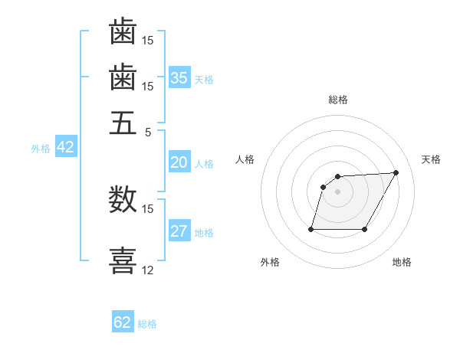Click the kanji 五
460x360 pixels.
click(123, 123)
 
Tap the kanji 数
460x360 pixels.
click(123, 200)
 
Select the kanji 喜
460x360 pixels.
click(123, 260)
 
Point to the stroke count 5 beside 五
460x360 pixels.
click(149, 131)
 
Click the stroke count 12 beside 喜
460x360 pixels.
click(148, 270)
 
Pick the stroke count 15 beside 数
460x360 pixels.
click(148, 208)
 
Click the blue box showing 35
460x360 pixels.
click(179, 77)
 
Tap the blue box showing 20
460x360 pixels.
click(179, 162)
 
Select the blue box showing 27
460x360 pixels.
click(179, 232)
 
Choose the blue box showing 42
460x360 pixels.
click(65, 148)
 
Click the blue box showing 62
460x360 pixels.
click(123, 322)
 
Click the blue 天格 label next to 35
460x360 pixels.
click(204, 79)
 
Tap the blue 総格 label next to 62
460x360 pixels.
click(148, 324)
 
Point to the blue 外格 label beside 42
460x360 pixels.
click(41, 149)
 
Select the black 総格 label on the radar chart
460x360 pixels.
click(338, 100)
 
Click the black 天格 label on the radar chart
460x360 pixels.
click(431, 159)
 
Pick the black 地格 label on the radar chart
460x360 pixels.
click(402, 263)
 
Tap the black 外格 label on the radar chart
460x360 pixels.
click(270, 263)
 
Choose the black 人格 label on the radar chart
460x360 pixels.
click(245, 159)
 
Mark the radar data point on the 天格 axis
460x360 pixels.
click(396, 172)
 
